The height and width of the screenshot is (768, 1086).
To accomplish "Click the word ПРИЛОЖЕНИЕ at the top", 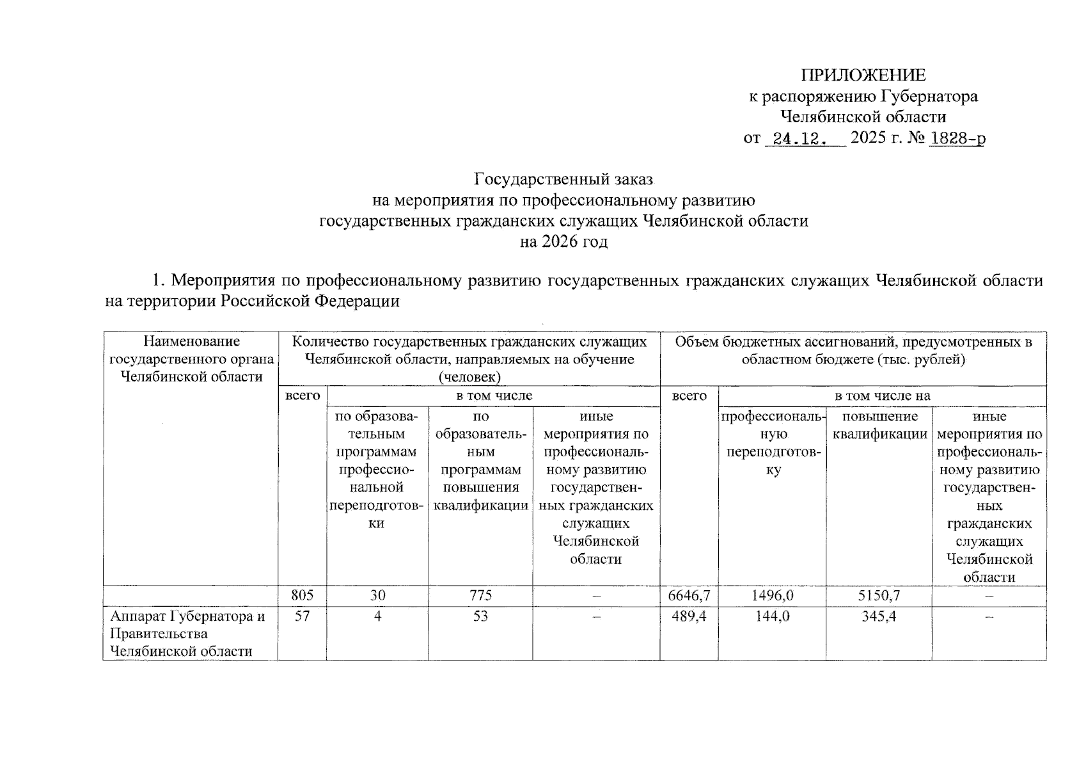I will pyautogui.click(x=863, y=76).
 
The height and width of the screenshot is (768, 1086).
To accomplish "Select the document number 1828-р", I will pyautogui.click(x=957, y=138).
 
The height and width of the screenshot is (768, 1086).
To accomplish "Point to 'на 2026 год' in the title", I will pyautogui.click(x=563, y=242).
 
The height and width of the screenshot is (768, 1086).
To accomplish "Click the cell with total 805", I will pyautogui.click(x=302, y=595).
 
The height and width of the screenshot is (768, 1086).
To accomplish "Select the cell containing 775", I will pyautogui.click(x=480, y=595).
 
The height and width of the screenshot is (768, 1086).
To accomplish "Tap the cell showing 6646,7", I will pyautogui.click(x=689, y=595).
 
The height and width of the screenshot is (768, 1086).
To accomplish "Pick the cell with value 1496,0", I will pyautogui.click(x=772, y=595).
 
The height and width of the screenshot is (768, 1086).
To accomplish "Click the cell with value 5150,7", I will pyautogui.click(x=879, y=595).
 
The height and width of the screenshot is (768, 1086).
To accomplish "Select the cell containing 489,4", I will pyautogui.click(x=689, y=616).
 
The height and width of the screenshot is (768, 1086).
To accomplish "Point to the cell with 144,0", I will pyautogui.click(x=772, y=616).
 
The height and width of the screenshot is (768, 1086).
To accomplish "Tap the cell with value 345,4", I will pyautogui.click(x=879, y=616).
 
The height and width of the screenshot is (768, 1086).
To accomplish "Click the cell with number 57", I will pyautogui.click(x=302, y=616).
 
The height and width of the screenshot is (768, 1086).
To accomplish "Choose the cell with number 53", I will pyautogui.click(x=480, y=616).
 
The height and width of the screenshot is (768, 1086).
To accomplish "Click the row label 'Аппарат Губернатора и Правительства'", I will pyautogui.click(x=187, y=625).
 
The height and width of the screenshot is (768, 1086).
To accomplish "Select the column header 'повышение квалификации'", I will pyautogui.click(x=879, y=426).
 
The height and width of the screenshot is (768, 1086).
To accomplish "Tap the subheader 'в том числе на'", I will pyautogui.click(x=882, y=396).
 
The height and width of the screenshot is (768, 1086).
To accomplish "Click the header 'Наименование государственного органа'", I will pyautogui.click(x=191, y=359).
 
